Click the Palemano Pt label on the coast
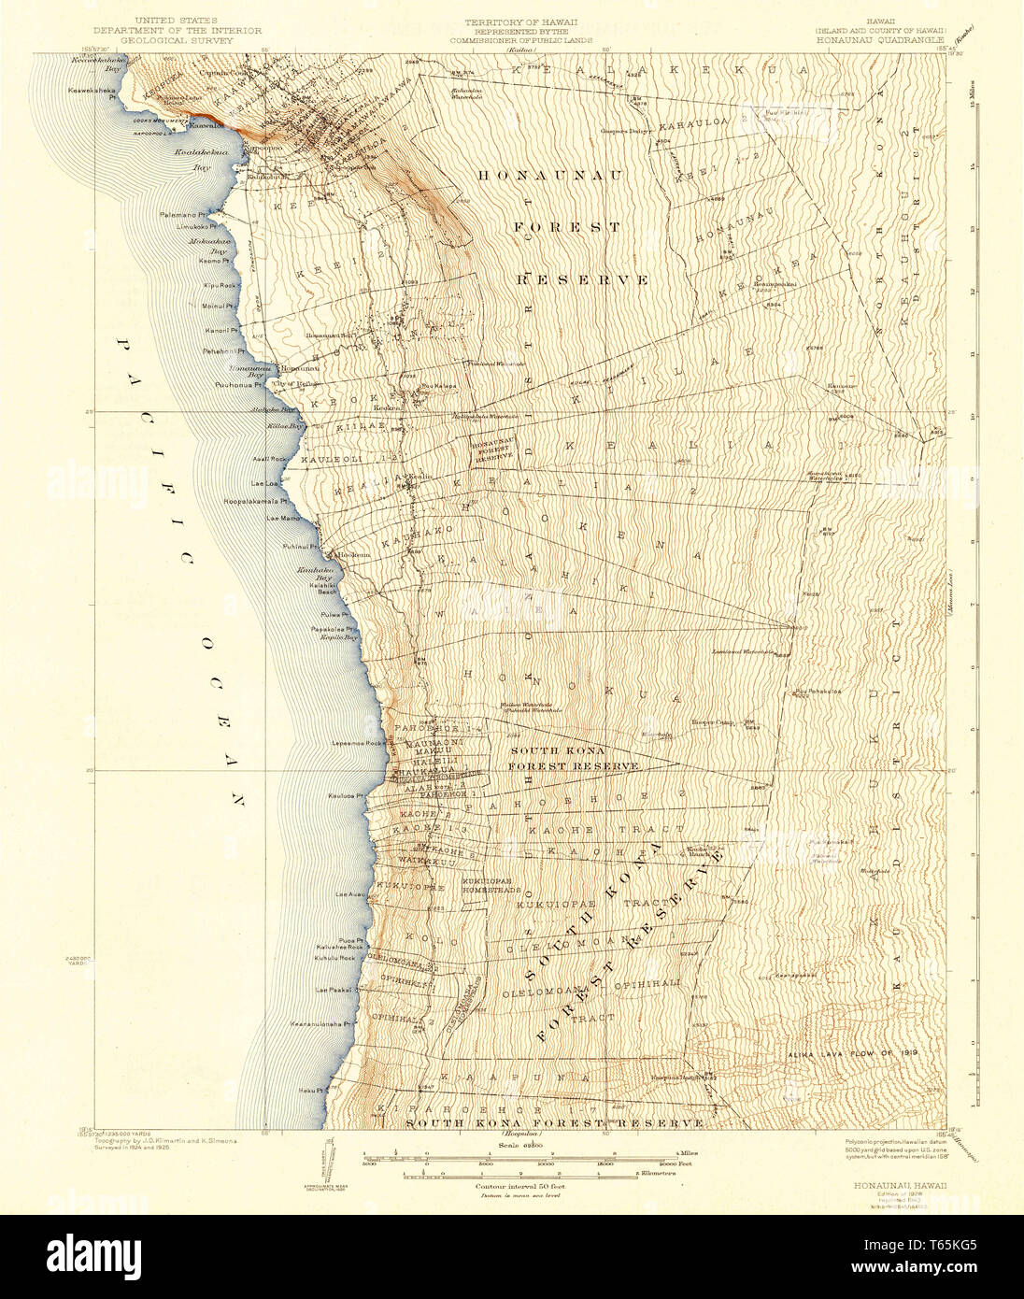click(x=182, y=215)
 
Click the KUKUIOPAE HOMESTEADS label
click(x=491, y=885)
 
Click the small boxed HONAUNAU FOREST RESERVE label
click(x=492, y=452)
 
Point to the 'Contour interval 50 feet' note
click(x=509, y=1186)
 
